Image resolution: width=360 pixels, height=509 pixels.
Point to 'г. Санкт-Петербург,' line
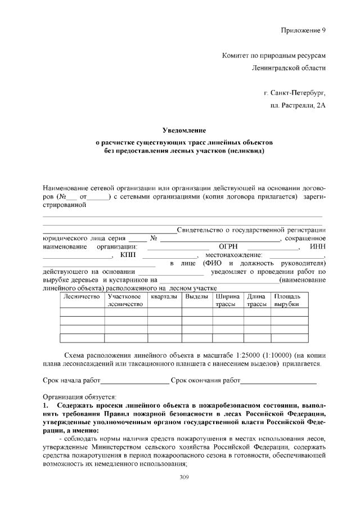294,91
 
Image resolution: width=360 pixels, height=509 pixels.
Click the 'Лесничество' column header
82,296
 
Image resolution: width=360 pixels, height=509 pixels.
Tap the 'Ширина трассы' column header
228,300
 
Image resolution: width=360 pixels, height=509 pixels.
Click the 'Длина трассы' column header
256,300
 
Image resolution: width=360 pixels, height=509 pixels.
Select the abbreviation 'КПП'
128,255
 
